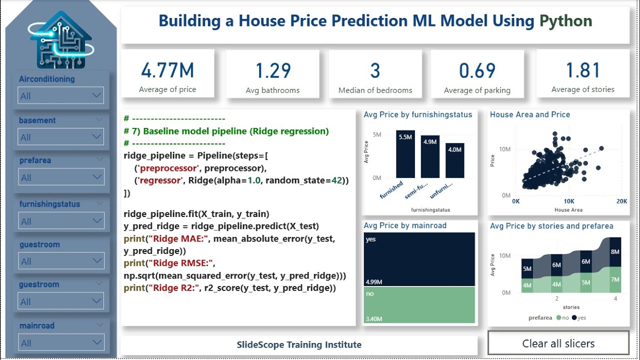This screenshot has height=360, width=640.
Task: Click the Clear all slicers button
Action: pyautogui.click(x=558, y=343)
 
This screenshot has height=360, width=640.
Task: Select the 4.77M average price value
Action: pyautogui.click(x=167, y=71)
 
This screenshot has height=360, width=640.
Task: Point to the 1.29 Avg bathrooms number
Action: pyautogui.click(x=273, y=71)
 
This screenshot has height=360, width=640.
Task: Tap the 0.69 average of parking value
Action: pyautogui.click(x=477, y=71)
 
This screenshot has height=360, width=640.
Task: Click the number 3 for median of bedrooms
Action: pyautogui.click(x=375, y=71)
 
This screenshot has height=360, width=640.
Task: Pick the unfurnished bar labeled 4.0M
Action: pyautogui.click(x=455, y=160)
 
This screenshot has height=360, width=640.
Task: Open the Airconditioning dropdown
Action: pyautogui.click(x=60, y=95)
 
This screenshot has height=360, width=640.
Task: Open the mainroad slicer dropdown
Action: pyautogui.click(x=60, y=343)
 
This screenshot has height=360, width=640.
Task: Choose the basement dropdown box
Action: pyautogui.click(x=60, y=137)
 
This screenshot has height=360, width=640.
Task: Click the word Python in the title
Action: pyautogui.click(x=565, y=21)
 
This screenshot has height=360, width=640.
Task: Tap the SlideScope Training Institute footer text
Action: pyautogui.click(x=299, y=344)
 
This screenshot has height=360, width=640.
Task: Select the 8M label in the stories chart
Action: pyautogui.click(x=614, y=252)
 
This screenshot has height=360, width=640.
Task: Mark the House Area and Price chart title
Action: pyautogui.click(x=529, y=114)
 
